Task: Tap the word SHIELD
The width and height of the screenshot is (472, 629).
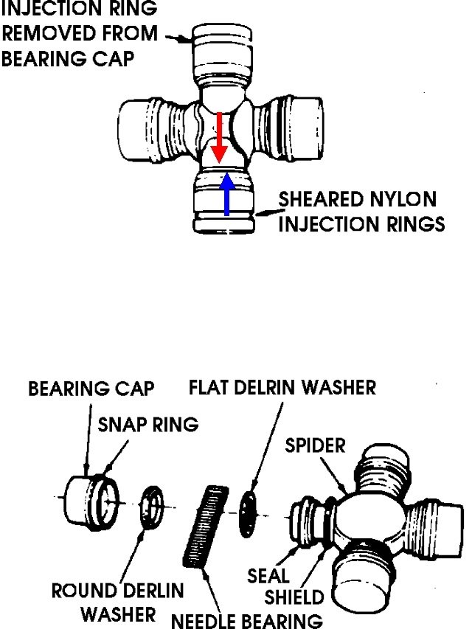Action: coord(294,597)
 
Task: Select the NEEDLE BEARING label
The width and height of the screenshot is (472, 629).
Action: coord(246,619)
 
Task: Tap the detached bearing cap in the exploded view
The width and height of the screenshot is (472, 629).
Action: coord(87,501)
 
